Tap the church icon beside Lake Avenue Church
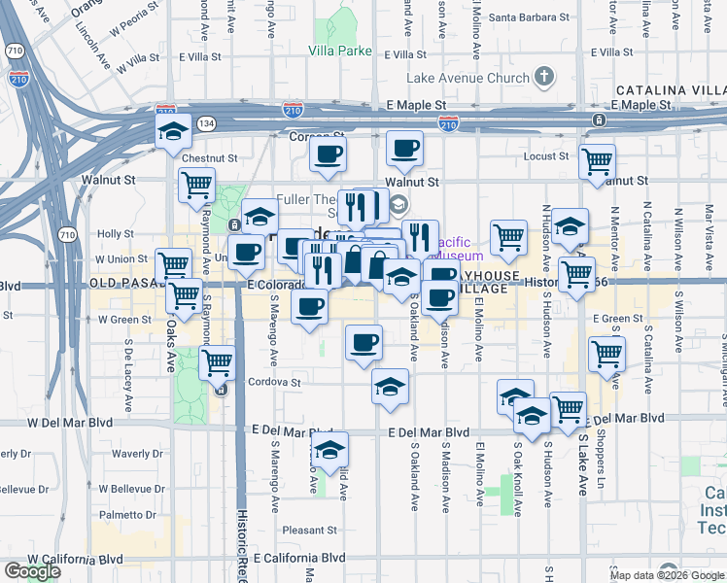point(543,76)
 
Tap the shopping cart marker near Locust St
point(597,161)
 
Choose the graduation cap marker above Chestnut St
point(173,131)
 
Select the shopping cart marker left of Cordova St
point(217,363)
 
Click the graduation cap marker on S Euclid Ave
point(329,451)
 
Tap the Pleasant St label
point(309,531)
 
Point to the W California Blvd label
point(75,560)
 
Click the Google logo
point(32,571)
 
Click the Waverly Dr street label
point(130,453)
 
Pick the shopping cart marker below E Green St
point(606,355)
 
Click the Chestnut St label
point(209,157)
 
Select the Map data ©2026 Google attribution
point(667,575)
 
